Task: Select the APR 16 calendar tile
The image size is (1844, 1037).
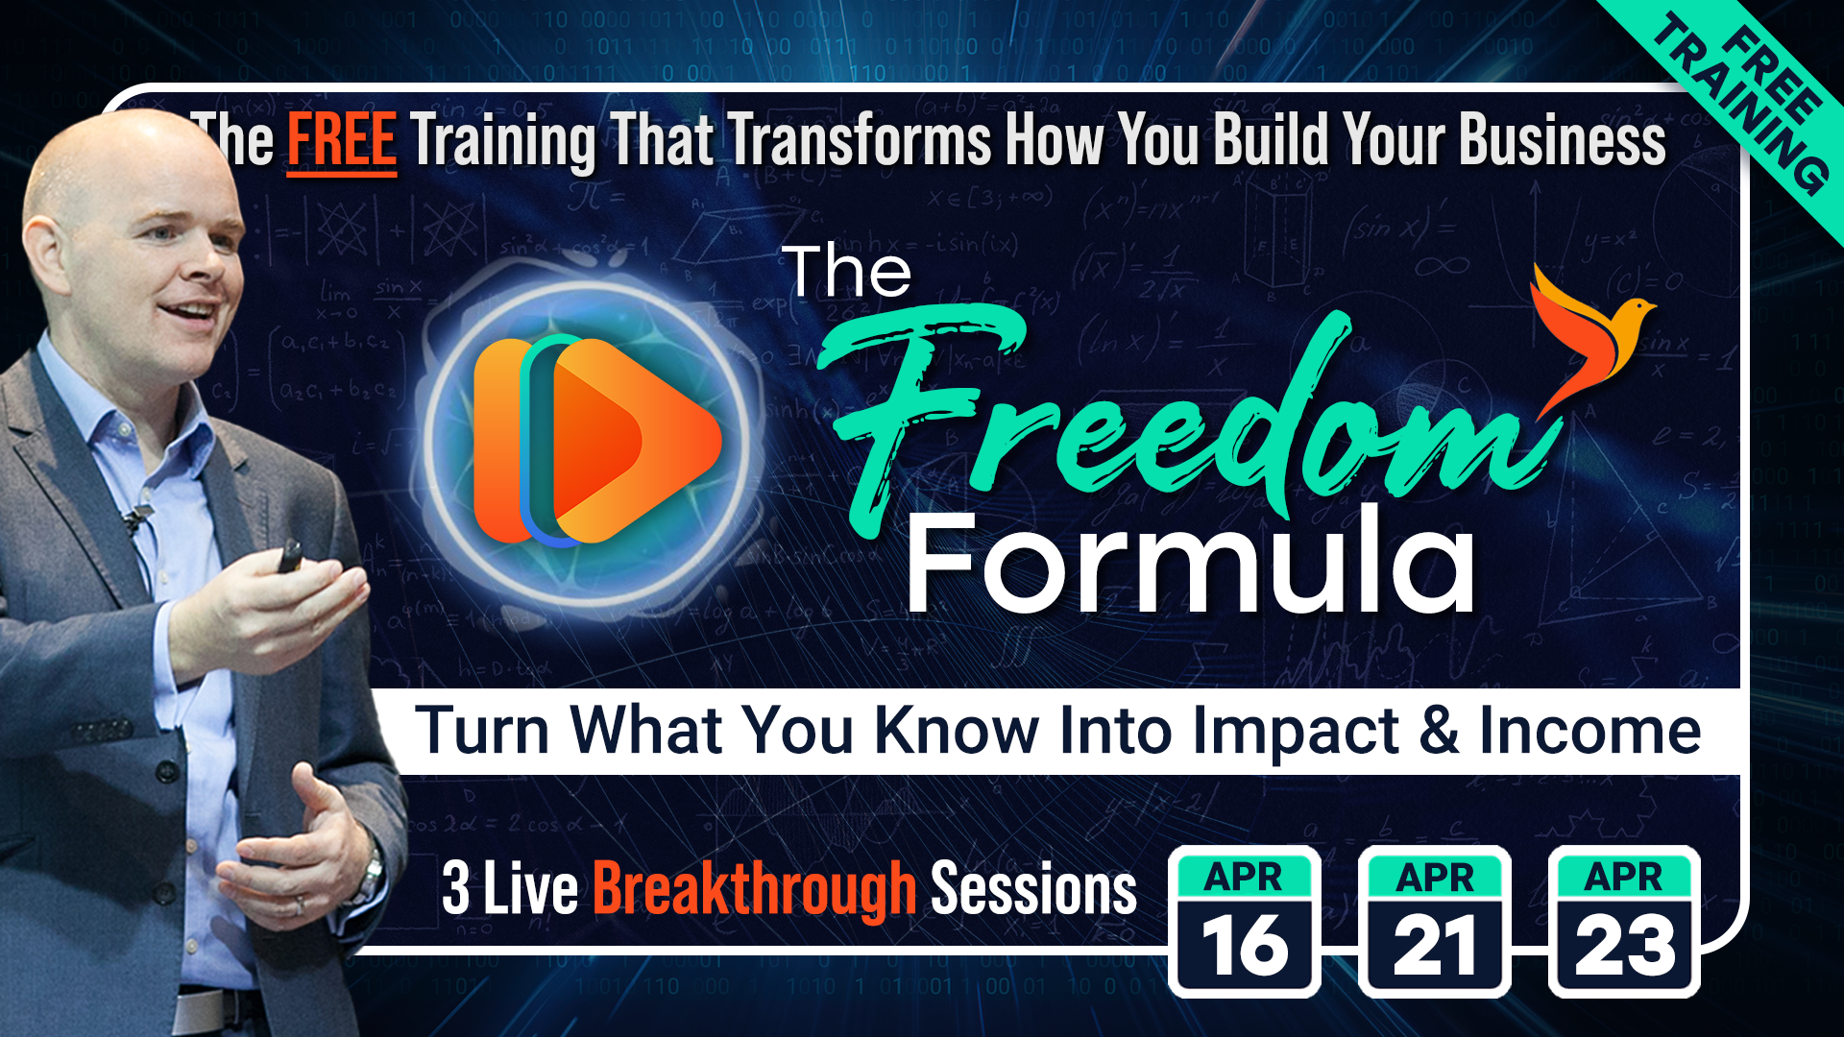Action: [1245, 921]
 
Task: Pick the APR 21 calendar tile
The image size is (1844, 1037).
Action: [1435, 921]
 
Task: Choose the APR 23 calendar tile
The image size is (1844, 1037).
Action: [1624, 921]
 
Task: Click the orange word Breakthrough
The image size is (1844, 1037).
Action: [755, 889]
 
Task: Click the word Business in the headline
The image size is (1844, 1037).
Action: [1563, 140]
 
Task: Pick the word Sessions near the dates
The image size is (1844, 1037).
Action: [1033, 889]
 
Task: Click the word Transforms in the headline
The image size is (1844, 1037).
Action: [860, 140]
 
